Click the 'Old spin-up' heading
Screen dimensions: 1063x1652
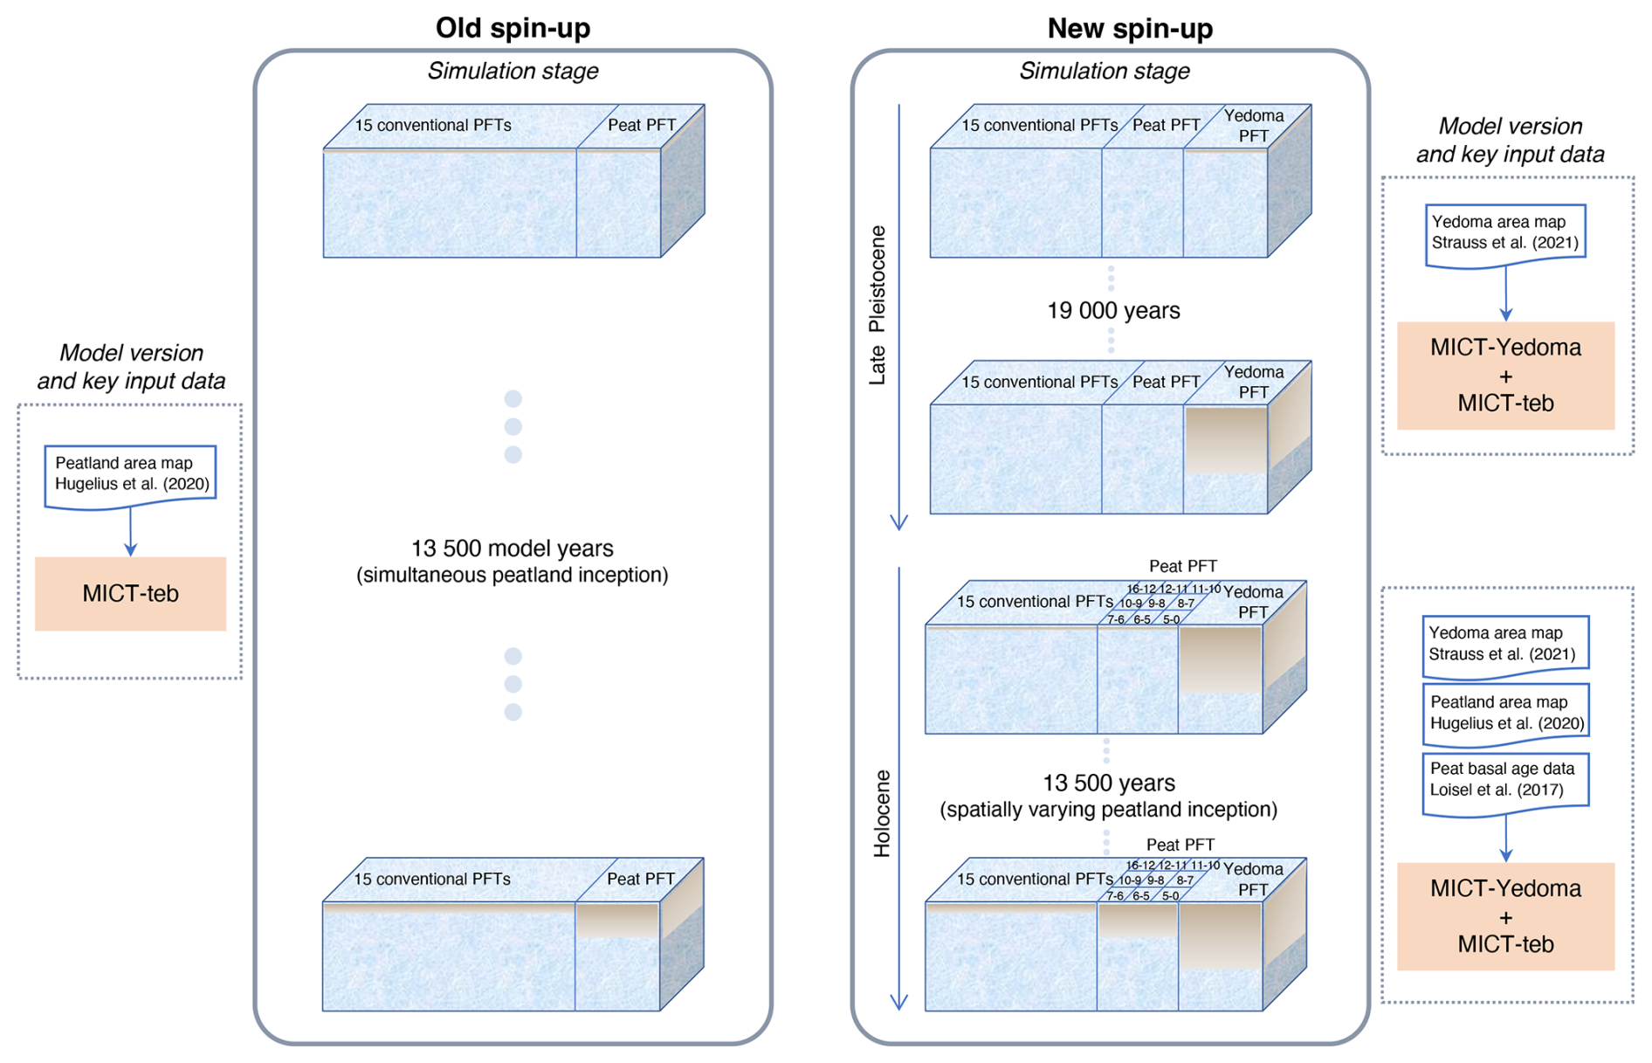click(513, 28)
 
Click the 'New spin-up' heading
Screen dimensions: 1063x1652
click(1129, 28)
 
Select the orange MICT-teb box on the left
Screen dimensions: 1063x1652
click(130, 594)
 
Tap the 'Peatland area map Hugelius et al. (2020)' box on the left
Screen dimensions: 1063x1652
click(131, 474)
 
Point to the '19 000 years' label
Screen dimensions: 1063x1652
click(1113, 311)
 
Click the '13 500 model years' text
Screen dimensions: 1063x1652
click(513, 549)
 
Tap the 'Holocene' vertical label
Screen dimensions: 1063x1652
click(882, 813)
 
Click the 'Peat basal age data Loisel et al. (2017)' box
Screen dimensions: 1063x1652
click(1504, 780)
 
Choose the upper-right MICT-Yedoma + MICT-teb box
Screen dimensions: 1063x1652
click(1505, 376)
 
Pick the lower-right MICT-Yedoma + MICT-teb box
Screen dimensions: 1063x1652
click(1505, 916)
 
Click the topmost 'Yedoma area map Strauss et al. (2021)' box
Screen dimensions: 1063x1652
click(1504, 233)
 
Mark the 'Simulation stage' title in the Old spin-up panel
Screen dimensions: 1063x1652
click(513, 71)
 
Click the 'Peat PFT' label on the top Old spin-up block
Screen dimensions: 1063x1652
click(642, 125)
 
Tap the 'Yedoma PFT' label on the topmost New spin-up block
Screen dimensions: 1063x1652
click(1253, 126)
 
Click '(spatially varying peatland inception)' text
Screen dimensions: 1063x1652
click(1108, 810)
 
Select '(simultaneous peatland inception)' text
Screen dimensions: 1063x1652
click(513, 576)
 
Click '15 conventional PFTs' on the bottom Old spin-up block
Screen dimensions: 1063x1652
click(431, 879)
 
